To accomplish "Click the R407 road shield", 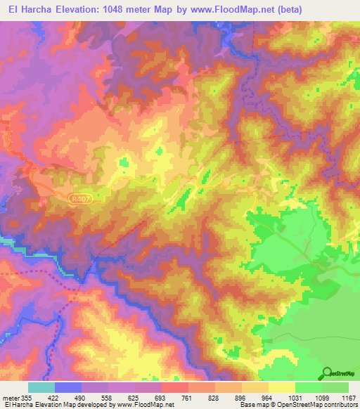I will coord(79,200).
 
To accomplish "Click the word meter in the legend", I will coord(12,396).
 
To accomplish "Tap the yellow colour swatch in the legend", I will coord(282,387).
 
